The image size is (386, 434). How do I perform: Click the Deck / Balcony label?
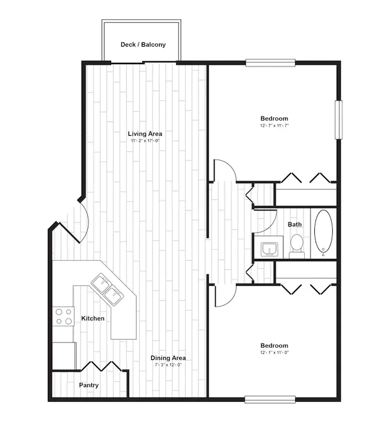point(143,45)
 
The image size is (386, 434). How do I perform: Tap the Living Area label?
point(145,134)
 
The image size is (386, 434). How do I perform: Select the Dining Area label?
point(168,358)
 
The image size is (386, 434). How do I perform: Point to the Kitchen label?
point(93,318)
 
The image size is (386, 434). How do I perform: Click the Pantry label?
point(88,385)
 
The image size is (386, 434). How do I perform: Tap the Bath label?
point(295,224)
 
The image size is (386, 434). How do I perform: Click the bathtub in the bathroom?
point(323,233)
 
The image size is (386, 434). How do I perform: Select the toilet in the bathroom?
point(297,246)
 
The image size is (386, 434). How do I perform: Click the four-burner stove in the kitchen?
point(63,316)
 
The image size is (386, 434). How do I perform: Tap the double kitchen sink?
point(108,289)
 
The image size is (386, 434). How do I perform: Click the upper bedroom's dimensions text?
point(274,126)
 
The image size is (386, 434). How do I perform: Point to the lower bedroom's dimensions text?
point(274,352)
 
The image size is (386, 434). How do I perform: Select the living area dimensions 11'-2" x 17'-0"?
point(145,140)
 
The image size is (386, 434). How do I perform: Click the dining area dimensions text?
point(168,365)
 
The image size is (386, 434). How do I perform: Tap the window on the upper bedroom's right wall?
point(339,120)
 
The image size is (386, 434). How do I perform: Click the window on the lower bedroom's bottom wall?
point(270,399)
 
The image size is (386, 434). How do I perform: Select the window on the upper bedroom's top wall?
point(271,63)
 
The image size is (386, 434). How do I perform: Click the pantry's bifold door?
point(101,366)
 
